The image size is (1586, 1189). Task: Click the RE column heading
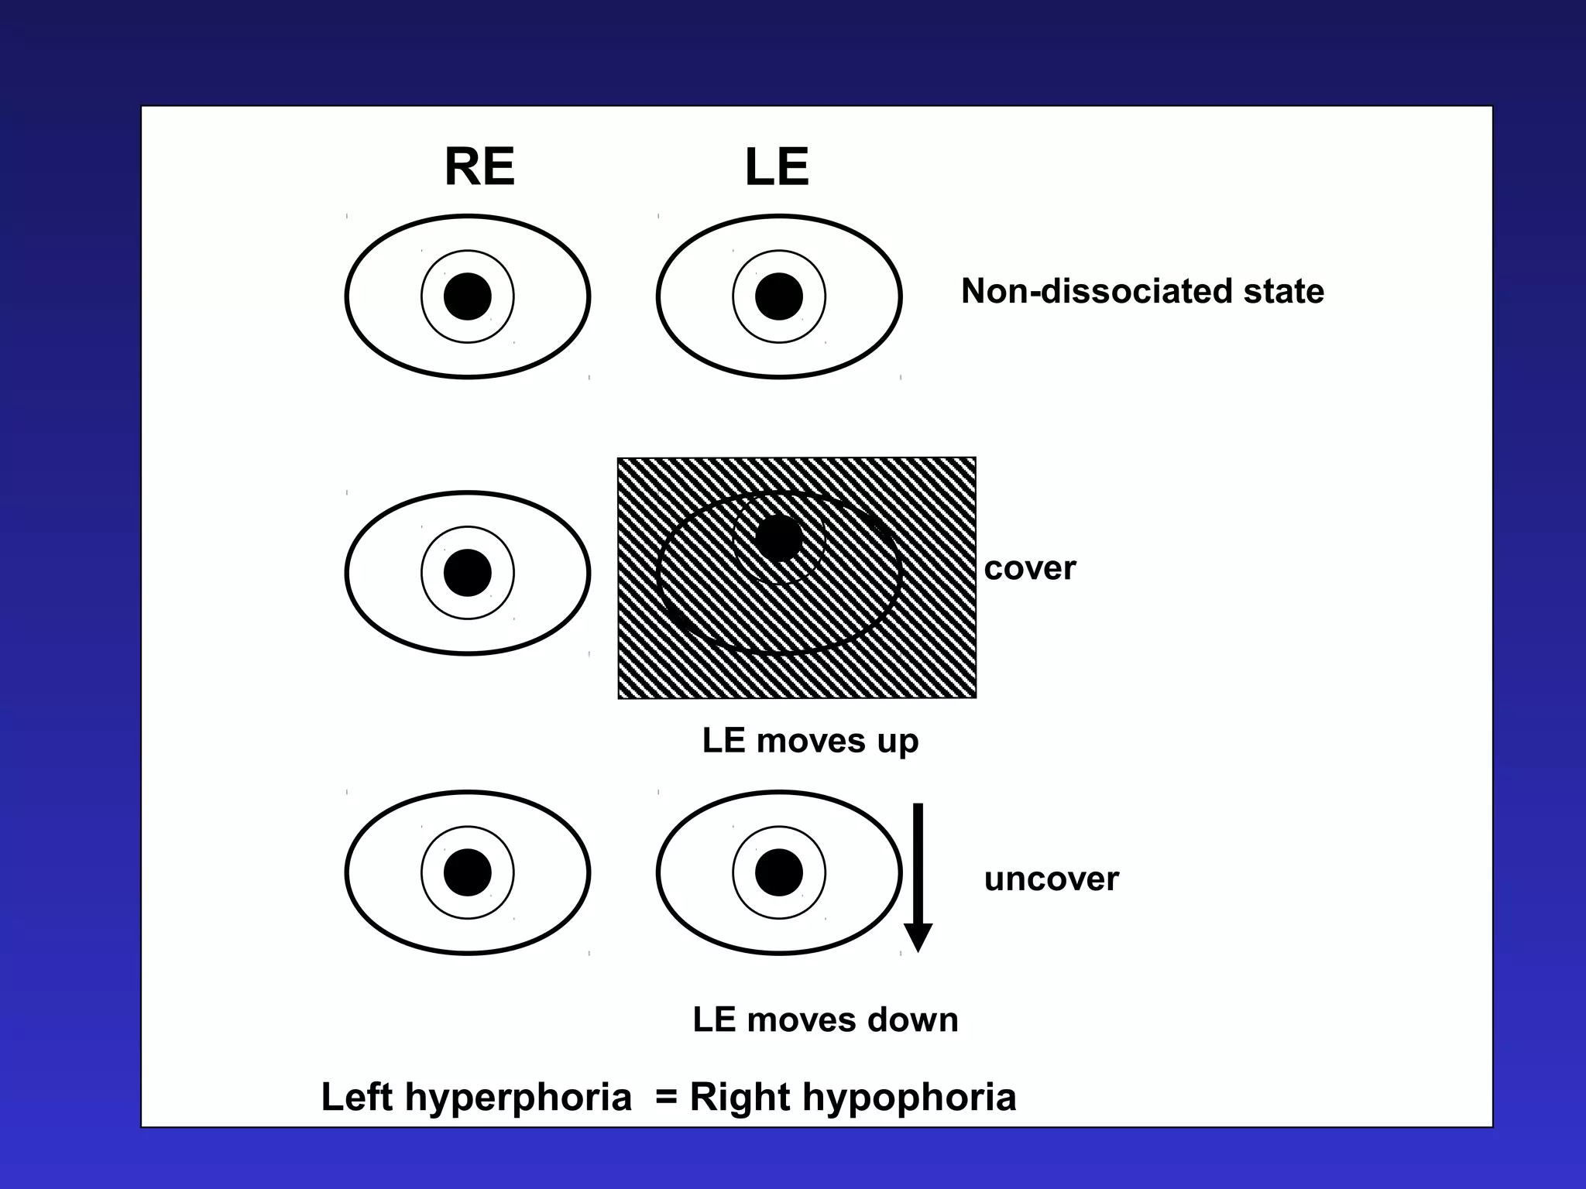pos(479,166)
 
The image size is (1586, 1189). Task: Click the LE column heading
pos(777,167)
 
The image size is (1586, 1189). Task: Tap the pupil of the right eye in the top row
pos(468,296)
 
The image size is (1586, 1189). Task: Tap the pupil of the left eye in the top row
pos(779,296)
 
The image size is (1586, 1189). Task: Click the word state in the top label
pos(1284,292)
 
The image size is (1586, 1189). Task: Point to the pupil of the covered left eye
pos(779,539)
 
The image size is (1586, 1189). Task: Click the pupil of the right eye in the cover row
pos(468,573)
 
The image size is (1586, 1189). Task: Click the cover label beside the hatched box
pos(1030,569)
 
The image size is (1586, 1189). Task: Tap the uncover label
pos(1051,879)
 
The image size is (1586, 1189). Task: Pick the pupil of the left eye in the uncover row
pos(779,872)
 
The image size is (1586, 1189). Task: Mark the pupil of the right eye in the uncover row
pos(468,872)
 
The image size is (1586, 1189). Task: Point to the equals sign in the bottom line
pos(667,1098)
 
